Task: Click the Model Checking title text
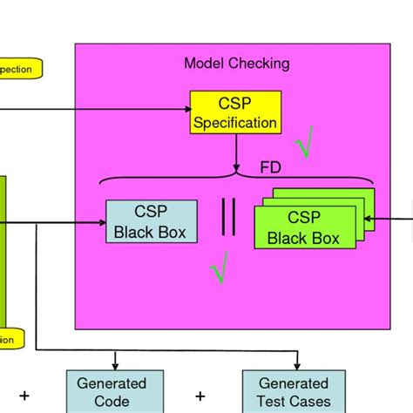click(x=236, y=64)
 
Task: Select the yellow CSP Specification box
click(x=235, y=112)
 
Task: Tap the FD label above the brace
click(x=271, y=166)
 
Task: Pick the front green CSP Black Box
click(x=304, y=228)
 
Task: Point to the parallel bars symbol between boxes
click(x=228, y=217)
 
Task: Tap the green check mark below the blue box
click(x=220, y=267)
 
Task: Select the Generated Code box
click(x=112, y=391)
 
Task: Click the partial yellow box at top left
click(x=20, y=69)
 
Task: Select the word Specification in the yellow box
click(x=235, y=123)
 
